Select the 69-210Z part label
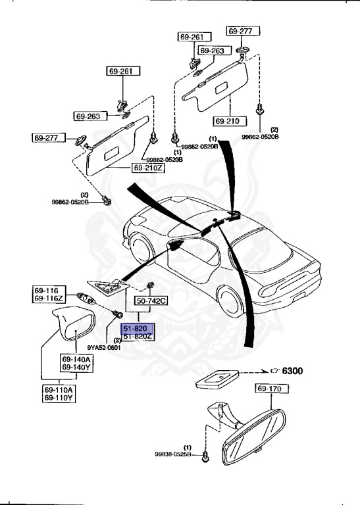[x=149, y=168]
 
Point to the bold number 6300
[x=293, y=372]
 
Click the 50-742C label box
[x=151, y=301]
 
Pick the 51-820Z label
[x=136, y=337]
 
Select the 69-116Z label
[x=49, y=299]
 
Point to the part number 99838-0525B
[x=172, y=454]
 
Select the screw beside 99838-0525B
[x=205, y=454]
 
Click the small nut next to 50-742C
[x=151, y=285]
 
